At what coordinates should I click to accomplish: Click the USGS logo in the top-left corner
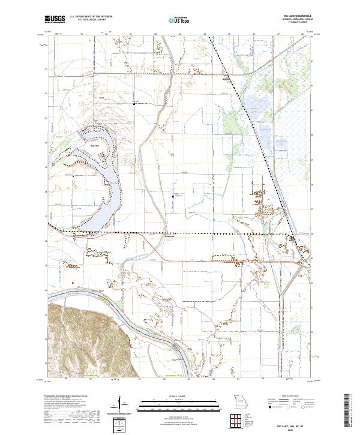tap(55, 19)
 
